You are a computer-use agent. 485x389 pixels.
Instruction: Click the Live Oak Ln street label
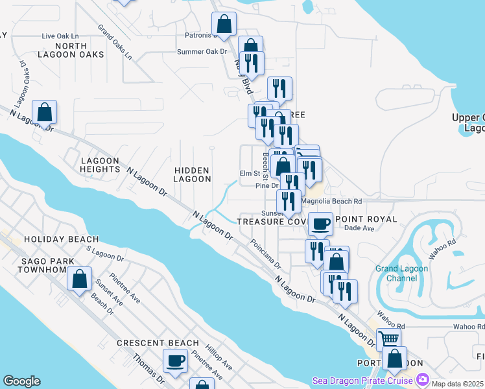coord(60,36)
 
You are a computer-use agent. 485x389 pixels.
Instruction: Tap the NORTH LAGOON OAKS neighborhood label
coord(71,50)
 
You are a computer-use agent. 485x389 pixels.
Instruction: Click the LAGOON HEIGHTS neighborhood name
coord(100,165)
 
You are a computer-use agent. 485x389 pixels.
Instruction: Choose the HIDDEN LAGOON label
coord(193,174)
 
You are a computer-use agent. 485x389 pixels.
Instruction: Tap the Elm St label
coord(249,173)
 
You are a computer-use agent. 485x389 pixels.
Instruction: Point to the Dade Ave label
coord(360,228)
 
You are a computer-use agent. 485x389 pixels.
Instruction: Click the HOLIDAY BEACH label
coord(61,239)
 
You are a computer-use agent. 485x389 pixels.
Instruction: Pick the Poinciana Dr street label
coord(267,257)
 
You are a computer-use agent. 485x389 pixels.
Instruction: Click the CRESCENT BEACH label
coord(158,342)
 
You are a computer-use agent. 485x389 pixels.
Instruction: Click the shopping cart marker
coord(388,338)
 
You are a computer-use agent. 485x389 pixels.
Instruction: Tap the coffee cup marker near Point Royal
coord(320,224)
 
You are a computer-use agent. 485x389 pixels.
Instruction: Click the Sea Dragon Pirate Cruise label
coord(362,380)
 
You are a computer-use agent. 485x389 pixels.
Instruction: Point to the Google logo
coord(21,381)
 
